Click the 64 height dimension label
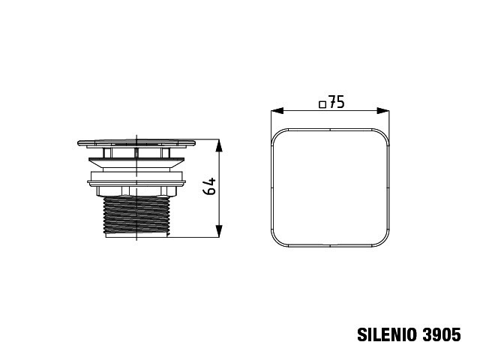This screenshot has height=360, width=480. [210, 186]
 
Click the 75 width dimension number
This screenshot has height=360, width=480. [337, 102]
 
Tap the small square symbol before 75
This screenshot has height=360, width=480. [322, 105]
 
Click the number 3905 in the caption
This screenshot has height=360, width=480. [442, 334]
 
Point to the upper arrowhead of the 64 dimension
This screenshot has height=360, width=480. [219, 145]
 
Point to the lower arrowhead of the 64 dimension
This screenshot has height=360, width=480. [219, 231]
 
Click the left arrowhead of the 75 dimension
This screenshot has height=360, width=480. [277, 111]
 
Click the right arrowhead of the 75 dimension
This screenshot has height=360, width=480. [383, 111]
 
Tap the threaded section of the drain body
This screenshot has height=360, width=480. [136, 215]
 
